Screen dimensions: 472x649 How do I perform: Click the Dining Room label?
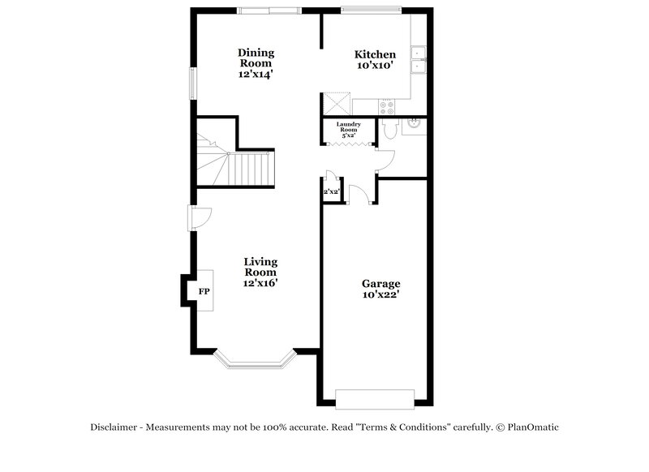(x=255, y=58)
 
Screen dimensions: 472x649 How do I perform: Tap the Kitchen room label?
(x=375, y=54)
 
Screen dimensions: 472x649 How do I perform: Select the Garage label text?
(x=380, y=284)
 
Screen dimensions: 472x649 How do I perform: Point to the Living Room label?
(x=260, y=267)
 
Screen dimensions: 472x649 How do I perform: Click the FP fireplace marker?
(x=204, y=290)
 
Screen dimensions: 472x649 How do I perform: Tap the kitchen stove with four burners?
(x=385, y=105)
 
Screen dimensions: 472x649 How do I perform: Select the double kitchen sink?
(x=419, y=60)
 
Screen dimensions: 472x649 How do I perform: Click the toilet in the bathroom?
(x=387, y=130)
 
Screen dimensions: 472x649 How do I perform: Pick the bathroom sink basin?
(x=413, y=124)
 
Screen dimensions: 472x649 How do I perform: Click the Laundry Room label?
(x=349, y=127)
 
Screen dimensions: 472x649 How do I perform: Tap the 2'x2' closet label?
(x=331, y=192)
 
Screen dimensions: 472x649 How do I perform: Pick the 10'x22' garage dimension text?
(x=380, y=296)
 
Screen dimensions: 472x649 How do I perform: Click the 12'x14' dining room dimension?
(x=255, y=74)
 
